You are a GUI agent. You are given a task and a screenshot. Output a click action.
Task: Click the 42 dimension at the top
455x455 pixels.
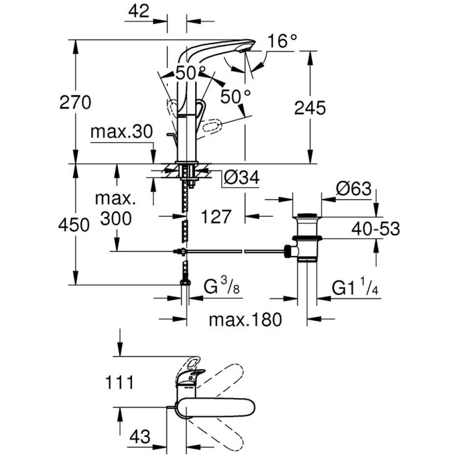point(139,11)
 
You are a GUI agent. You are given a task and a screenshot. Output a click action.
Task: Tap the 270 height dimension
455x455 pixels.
point(75,103)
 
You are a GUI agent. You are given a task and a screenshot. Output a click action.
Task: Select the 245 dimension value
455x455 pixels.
point(310,108)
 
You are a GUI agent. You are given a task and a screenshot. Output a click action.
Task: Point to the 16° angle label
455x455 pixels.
point(282,41)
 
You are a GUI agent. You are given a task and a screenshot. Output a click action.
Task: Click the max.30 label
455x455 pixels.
point(122,132)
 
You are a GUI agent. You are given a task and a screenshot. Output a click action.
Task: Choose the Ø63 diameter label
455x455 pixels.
point(354,189)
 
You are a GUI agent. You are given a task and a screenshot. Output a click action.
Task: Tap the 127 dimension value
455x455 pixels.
point(216,216)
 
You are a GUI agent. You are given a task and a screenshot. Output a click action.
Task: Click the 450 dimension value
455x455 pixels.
point(74,225)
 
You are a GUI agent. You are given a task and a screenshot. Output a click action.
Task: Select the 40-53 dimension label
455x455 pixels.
point(375,228)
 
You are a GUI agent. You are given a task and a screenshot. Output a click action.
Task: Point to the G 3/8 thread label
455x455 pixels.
point(221,286)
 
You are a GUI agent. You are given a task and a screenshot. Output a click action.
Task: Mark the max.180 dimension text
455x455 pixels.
point(245,319)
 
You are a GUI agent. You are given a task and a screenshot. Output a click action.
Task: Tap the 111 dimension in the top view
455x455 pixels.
point(119,382)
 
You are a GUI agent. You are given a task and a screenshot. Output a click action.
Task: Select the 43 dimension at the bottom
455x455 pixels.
point(140,436)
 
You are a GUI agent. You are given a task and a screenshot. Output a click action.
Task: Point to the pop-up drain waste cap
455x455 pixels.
point(307,216)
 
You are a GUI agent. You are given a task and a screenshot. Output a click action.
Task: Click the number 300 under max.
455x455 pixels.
point(116,218)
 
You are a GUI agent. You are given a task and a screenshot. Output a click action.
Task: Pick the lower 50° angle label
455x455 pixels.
point(235,96)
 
